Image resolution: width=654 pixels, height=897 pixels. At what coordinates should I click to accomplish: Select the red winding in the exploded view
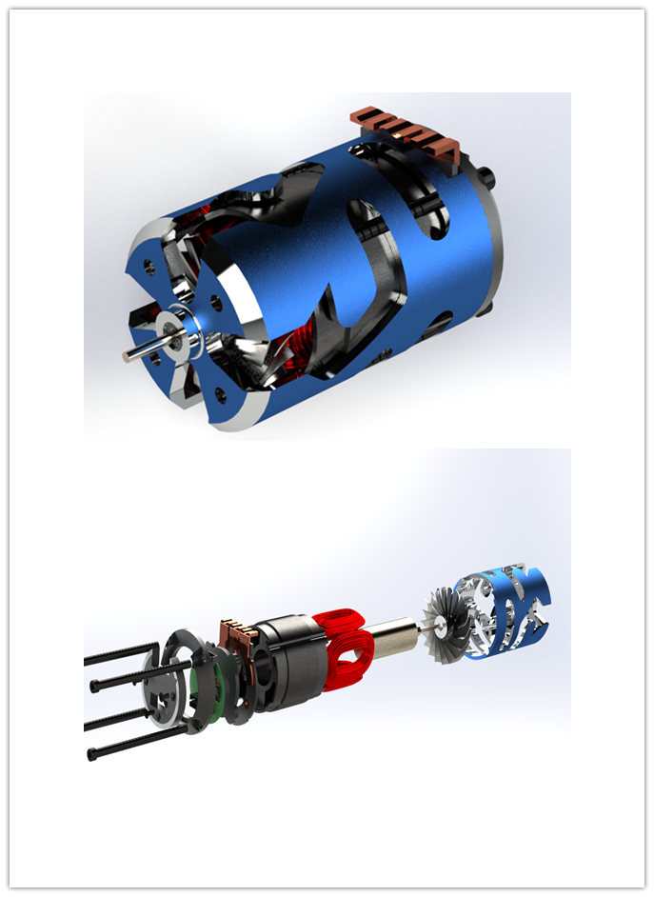click(347, 648)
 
